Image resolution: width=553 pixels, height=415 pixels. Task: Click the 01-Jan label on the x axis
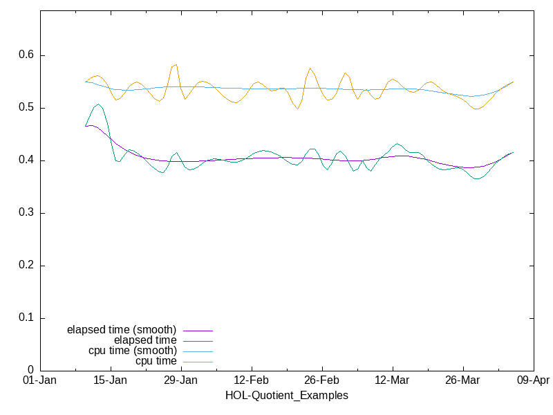click(40, 381)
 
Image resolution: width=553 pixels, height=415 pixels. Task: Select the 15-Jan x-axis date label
click(111, 381)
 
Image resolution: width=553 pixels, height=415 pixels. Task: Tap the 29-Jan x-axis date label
click(181, 381)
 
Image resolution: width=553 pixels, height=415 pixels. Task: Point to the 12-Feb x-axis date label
click(252, 381)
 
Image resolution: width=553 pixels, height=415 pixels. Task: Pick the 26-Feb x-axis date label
click(322, 381)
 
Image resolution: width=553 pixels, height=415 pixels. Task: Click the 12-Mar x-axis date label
click(393, 381)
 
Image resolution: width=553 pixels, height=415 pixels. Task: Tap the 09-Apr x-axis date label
click(533, 381)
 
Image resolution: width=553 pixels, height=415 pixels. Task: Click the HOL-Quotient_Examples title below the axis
click(287, 396)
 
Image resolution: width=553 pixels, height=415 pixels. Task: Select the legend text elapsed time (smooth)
click(122, 329)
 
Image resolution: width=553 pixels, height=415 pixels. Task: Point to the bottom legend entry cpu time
click(156, 361)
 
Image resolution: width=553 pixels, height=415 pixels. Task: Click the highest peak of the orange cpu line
click(176, 64)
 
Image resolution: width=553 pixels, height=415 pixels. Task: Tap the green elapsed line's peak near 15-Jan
click(99, 104)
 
